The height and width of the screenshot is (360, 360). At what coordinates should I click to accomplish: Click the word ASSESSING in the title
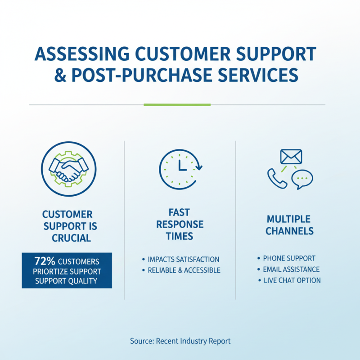pos(82,54)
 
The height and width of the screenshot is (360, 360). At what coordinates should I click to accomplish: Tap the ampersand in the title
pos(60,75)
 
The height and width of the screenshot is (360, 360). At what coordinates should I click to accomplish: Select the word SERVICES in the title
pos(258,75)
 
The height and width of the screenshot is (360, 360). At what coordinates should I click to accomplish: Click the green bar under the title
pos(177,105)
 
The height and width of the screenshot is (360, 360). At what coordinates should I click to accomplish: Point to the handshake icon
pos(69,169)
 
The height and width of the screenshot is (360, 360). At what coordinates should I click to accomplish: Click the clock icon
pos(180,169)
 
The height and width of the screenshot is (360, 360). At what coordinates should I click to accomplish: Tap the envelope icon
pos(291,157)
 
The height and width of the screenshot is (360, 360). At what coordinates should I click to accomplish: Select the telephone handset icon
pos(277,178)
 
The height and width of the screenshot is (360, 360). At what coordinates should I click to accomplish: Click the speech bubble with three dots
pos(302,179)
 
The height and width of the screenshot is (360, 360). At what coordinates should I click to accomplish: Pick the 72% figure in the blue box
pos(45,261)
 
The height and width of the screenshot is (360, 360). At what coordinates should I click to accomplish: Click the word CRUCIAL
pos(71,238)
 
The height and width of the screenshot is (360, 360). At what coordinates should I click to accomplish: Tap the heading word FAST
pos(179,212)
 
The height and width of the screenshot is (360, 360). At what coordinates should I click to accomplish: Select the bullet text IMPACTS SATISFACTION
pos(184,259)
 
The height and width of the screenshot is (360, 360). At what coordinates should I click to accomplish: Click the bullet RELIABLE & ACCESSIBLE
pos(184,270)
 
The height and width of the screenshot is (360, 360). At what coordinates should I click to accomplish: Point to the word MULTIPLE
pos(288,219)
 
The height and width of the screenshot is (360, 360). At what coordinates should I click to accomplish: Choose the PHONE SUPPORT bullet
pos(289,258)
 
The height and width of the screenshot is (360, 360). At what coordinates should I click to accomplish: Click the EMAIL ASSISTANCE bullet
pos(291,269)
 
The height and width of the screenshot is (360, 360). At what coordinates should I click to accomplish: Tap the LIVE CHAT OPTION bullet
pos(292,280)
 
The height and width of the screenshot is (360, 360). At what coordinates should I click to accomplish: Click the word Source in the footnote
pos(142,341)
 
